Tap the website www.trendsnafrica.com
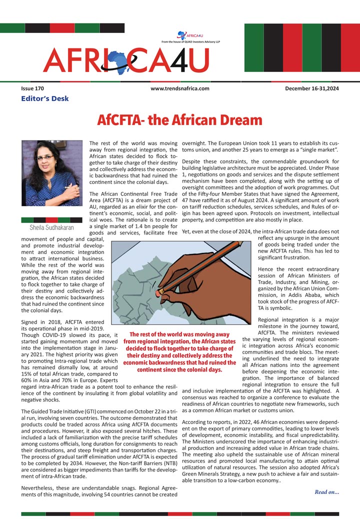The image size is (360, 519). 179,88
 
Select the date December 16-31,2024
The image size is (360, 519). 312,88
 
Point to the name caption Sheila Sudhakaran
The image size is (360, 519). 51,227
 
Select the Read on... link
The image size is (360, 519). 326,492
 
